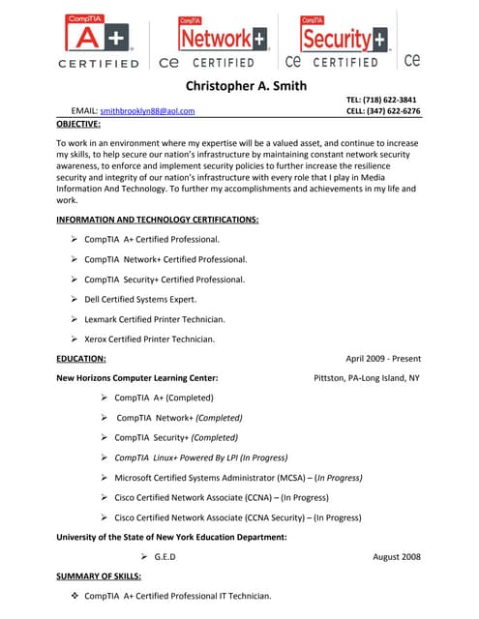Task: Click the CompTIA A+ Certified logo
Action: [100, 41]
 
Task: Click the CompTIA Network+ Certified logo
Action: [221, 41]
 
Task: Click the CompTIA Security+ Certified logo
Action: [344, 41]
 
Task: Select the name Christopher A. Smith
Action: [246, 85]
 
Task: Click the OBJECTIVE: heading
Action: [83, 124]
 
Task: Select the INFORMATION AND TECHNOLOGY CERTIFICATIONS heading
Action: [157, 220]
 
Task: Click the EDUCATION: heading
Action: [81, 359]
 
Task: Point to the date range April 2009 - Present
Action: [383, 359]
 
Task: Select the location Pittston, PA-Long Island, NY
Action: [367, 377]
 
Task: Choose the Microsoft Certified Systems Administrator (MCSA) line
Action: [238, 478]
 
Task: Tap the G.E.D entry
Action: [165, 557]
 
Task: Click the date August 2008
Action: [396, 557]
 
